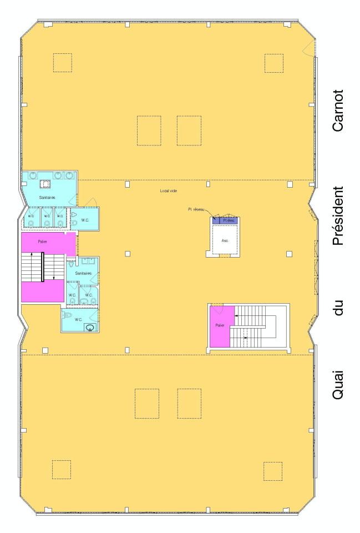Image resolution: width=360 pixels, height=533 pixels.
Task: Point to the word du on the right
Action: pyautogui.click(x=339, y=306)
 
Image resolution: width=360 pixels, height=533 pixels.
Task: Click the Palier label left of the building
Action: pyautogui.click(x=42, y=242)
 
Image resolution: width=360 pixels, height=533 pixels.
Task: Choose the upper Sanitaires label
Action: pyautogui.click(x=46, y=197)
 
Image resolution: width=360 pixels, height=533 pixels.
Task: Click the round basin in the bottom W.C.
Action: pyautogui.click(x=89, y=328)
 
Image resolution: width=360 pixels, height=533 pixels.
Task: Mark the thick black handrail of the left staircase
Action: pyautogui.click(x=43, y=267)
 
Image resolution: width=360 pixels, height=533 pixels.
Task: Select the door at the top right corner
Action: pyautogui.click(x=306, y=49)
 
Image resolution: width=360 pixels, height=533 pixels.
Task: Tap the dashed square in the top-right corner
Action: pyautogui.click(x=273, y=63)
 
